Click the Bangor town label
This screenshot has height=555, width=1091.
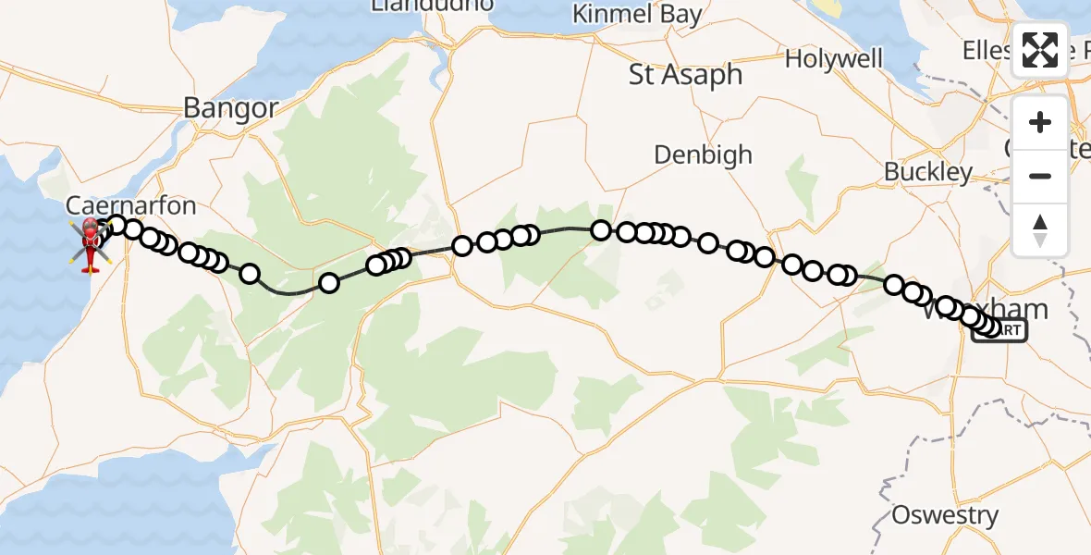(x=230, y=108)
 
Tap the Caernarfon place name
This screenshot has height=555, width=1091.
(x=117, y=204)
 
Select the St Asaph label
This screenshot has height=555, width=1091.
(x=685, y=75)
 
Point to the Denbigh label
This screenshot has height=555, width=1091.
(x=703, y=154)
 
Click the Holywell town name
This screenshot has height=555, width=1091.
(x=834, y=59)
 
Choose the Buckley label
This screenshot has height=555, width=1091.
(x=928, y=172)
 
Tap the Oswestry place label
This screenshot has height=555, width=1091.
(x=945, y=515)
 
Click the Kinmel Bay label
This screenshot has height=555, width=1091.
(x=637, y=15)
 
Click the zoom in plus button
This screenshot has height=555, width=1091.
(x=1040, y=122)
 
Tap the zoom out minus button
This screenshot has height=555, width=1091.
(x=1040, y=176)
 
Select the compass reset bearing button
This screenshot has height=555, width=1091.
(x=1040, y=228)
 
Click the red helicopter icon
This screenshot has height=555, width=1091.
(x=91, y=245)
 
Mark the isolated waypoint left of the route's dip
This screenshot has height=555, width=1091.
(x=250, y=273)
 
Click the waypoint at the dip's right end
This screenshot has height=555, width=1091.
(x=329, y=283)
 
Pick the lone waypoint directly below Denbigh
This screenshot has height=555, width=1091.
(x=708, y=243)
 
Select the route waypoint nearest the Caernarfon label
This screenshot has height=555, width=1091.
(x=116, y=224)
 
